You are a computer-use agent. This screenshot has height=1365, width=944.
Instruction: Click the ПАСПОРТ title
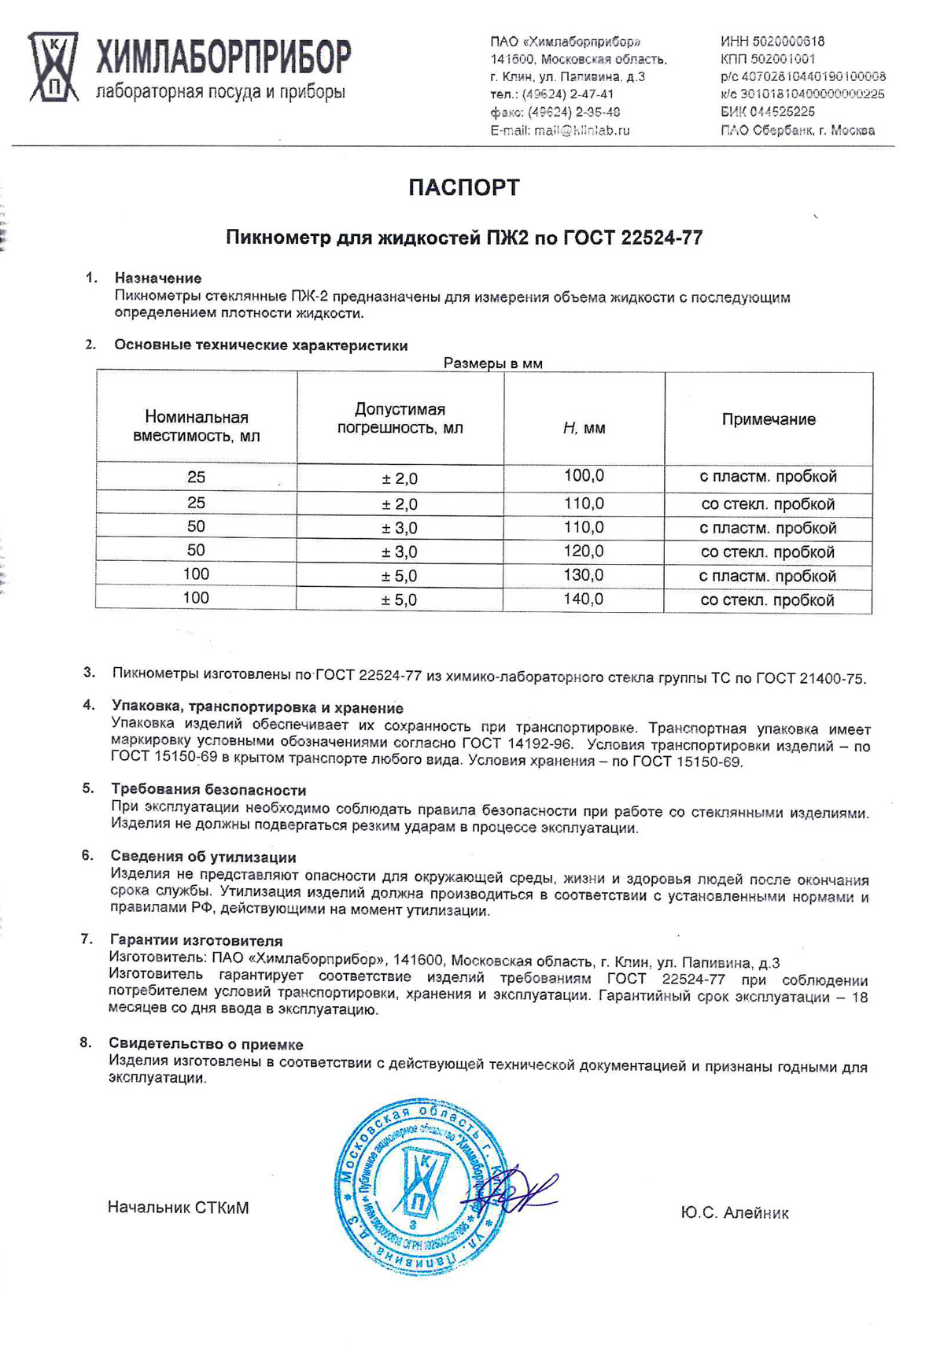[464, 187]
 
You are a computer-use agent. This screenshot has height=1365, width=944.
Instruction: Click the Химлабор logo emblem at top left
[53, 67]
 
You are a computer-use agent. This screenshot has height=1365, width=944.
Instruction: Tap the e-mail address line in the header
[559, 131]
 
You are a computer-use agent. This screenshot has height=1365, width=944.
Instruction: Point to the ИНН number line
[772, 42]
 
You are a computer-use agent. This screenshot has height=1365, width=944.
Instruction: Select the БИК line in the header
[767, 113]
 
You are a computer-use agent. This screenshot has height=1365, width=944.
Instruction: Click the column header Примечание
[769, 419]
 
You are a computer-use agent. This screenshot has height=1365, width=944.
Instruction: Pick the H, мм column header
[584, 428]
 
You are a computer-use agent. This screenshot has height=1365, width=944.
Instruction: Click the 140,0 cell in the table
[584, 599]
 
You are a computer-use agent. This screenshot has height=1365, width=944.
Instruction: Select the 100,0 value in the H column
[584, 475]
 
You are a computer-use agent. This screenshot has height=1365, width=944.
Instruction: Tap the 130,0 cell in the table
[584, 575]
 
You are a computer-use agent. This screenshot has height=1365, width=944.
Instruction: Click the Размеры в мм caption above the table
[493, 363]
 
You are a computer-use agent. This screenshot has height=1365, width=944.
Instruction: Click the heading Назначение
[158, 278]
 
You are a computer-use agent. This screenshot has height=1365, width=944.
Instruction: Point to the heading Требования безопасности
[208, 790]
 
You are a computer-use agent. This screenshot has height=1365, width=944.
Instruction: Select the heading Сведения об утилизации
[203, 857]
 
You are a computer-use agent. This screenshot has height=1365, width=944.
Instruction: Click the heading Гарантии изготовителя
[196, 940]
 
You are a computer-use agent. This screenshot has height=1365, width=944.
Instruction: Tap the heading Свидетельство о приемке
[206, 1044]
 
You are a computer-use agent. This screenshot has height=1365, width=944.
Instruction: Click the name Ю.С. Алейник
[735, 1212]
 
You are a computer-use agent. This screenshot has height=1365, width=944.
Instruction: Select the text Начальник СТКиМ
[178, 1207]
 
